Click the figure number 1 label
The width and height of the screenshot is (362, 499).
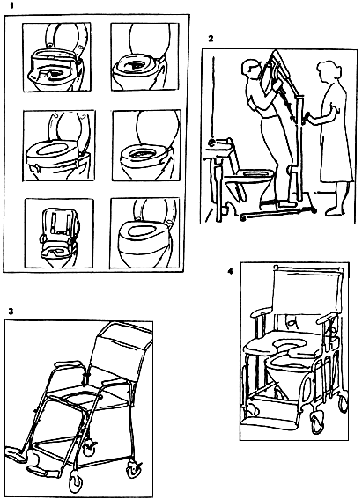[x=11, y=5]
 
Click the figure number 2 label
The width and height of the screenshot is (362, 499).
[x=211, y=39]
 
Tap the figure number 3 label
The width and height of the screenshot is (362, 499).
[x=11, y=312]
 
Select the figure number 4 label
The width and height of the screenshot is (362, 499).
[x=230, y=271]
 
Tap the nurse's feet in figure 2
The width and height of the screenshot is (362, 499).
[x=335, y=210]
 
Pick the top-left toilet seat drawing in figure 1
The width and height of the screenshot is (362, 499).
[x=56, y=56]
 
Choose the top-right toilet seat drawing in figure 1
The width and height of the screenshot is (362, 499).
[x=144, y=56]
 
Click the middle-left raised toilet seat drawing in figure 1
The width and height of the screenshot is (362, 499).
[x=59, y=145]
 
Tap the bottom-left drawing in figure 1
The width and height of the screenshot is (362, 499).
[x=59, y=233]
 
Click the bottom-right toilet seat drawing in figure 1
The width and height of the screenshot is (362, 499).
[x=144, y=233]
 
